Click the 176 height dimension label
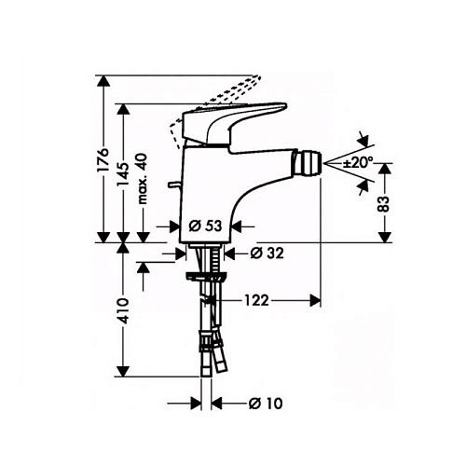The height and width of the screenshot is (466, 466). [x=103, y=160]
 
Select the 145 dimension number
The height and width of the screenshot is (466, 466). [x=123, y=174]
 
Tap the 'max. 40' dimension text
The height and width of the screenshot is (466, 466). [x=143, y=179]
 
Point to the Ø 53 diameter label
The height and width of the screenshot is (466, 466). [x=205, y=226]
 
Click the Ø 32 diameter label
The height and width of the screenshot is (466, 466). [x=267, y=254]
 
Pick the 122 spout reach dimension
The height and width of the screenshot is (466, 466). [x=256, y=300]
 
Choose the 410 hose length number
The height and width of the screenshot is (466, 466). [x=123, y=310]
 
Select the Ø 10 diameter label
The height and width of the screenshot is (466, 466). [x=266, y=404]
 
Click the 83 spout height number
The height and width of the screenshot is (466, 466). [x=384, y=204]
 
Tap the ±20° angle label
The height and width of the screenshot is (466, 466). [x=358, y=162]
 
